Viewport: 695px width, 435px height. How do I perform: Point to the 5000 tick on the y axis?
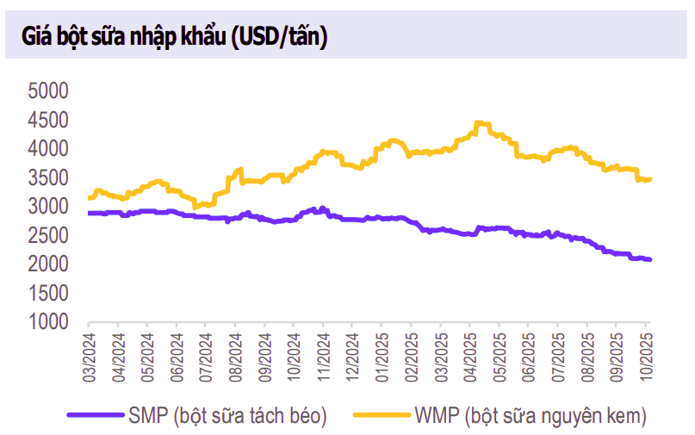[x=48, y=90]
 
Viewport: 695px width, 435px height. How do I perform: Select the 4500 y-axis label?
[x=48, y=120]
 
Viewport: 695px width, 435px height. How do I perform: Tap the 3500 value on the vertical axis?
[x=48, y=177]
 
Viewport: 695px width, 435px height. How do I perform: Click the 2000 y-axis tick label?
[x=48, y=264]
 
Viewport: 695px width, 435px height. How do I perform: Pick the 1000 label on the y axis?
[x=48, y=322]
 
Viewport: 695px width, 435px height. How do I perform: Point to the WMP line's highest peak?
[x=480, y=123]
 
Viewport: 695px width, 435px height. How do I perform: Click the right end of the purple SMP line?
[x=649, y=259]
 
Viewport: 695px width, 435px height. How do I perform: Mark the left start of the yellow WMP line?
[x=90, y=198]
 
